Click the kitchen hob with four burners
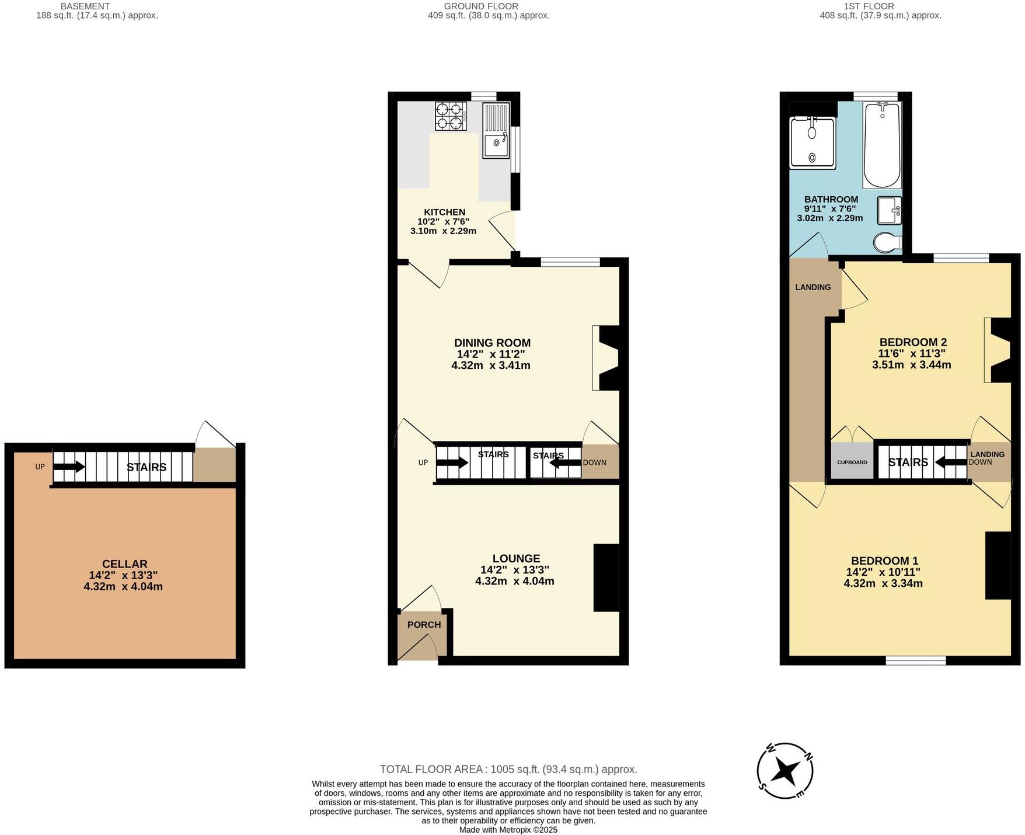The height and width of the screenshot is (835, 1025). [451, 116]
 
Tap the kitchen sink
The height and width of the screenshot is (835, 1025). [496, 131]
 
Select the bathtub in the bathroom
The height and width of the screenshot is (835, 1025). [881, 145]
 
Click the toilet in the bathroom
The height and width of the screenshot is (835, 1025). [887, 242]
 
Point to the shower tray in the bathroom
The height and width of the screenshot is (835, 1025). [812, 142]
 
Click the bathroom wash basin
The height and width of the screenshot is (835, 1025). [890, 210]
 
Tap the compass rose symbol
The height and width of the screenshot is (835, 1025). [785, 771]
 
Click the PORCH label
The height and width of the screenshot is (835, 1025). [424, 624]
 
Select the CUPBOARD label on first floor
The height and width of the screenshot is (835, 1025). [852, 462]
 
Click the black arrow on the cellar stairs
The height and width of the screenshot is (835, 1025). [69, 467]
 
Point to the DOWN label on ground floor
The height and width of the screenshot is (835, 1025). [594, 462]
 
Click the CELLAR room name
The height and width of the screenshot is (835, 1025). [124, 563]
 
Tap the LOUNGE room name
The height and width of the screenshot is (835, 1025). [516, 558]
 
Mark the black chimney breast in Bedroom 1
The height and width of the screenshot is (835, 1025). [998, 565]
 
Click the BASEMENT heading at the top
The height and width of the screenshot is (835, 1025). [85, 6]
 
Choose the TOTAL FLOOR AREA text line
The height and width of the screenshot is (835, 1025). [508, 769]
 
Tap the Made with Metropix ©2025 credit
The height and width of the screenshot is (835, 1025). [508, 829]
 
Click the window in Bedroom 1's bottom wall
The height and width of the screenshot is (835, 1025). [915, 660]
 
